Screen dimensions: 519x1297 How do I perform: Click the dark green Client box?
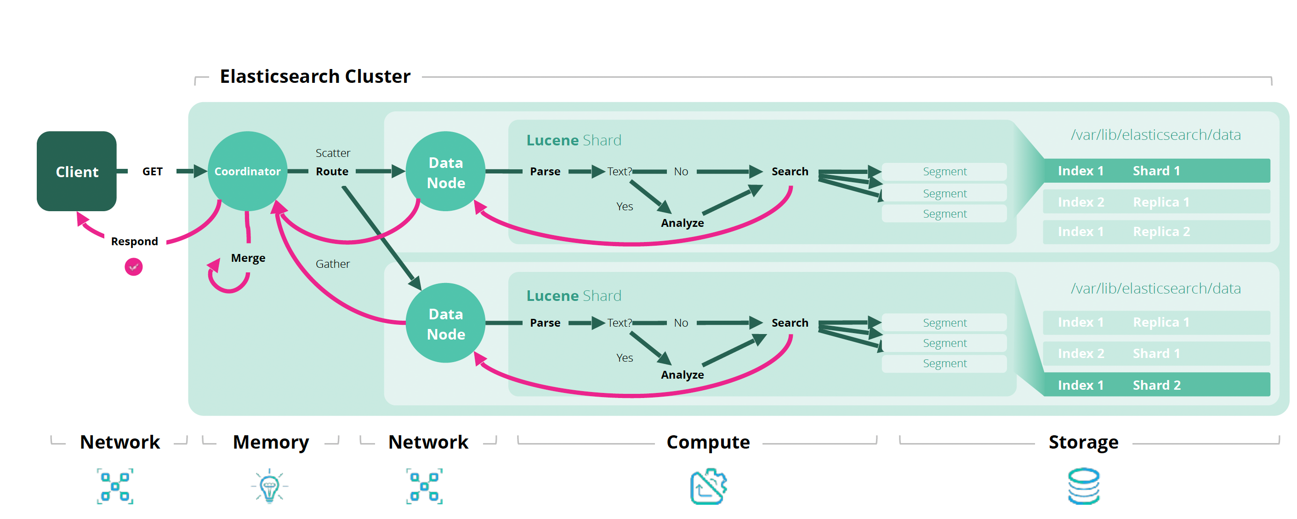tap(77, 171)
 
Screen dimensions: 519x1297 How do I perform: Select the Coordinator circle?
tap(247, 171)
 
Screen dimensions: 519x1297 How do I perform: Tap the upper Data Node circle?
tap(446, 172)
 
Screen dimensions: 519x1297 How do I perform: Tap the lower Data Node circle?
tap(446, 323)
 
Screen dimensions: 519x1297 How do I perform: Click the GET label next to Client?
tap(152, 171)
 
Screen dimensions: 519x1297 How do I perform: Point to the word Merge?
tap(248, 258)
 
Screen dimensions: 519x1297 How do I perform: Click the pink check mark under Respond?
tap(133, 266)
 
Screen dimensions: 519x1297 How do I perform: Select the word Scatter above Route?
tap(332, 153)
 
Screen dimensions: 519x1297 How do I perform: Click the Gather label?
tap(332, 264)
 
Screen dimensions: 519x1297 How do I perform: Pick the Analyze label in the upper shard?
tap(682, 223)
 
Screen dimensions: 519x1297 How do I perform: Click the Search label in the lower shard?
tap(790, 323)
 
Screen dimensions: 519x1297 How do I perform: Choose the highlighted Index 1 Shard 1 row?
tap(1155, 171)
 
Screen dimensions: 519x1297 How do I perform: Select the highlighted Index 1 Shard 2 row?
tap(1155, 385)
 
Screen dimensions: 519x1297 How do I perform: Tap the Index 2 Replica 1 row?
tap(1155, 202)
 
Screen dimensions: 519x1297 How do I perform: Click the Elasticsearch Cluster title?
tap(315, 76)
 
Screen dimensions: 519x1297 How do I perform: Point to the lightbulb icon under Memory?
tap(269, 486)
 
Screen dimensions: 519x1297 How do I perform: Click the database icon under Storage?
tap(1084, 486)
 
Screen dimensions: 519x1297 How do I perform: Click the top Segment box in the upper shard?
tap(944, 171)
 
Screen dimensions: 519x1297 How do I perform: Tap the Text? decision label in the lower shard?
tap(619, 323)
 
